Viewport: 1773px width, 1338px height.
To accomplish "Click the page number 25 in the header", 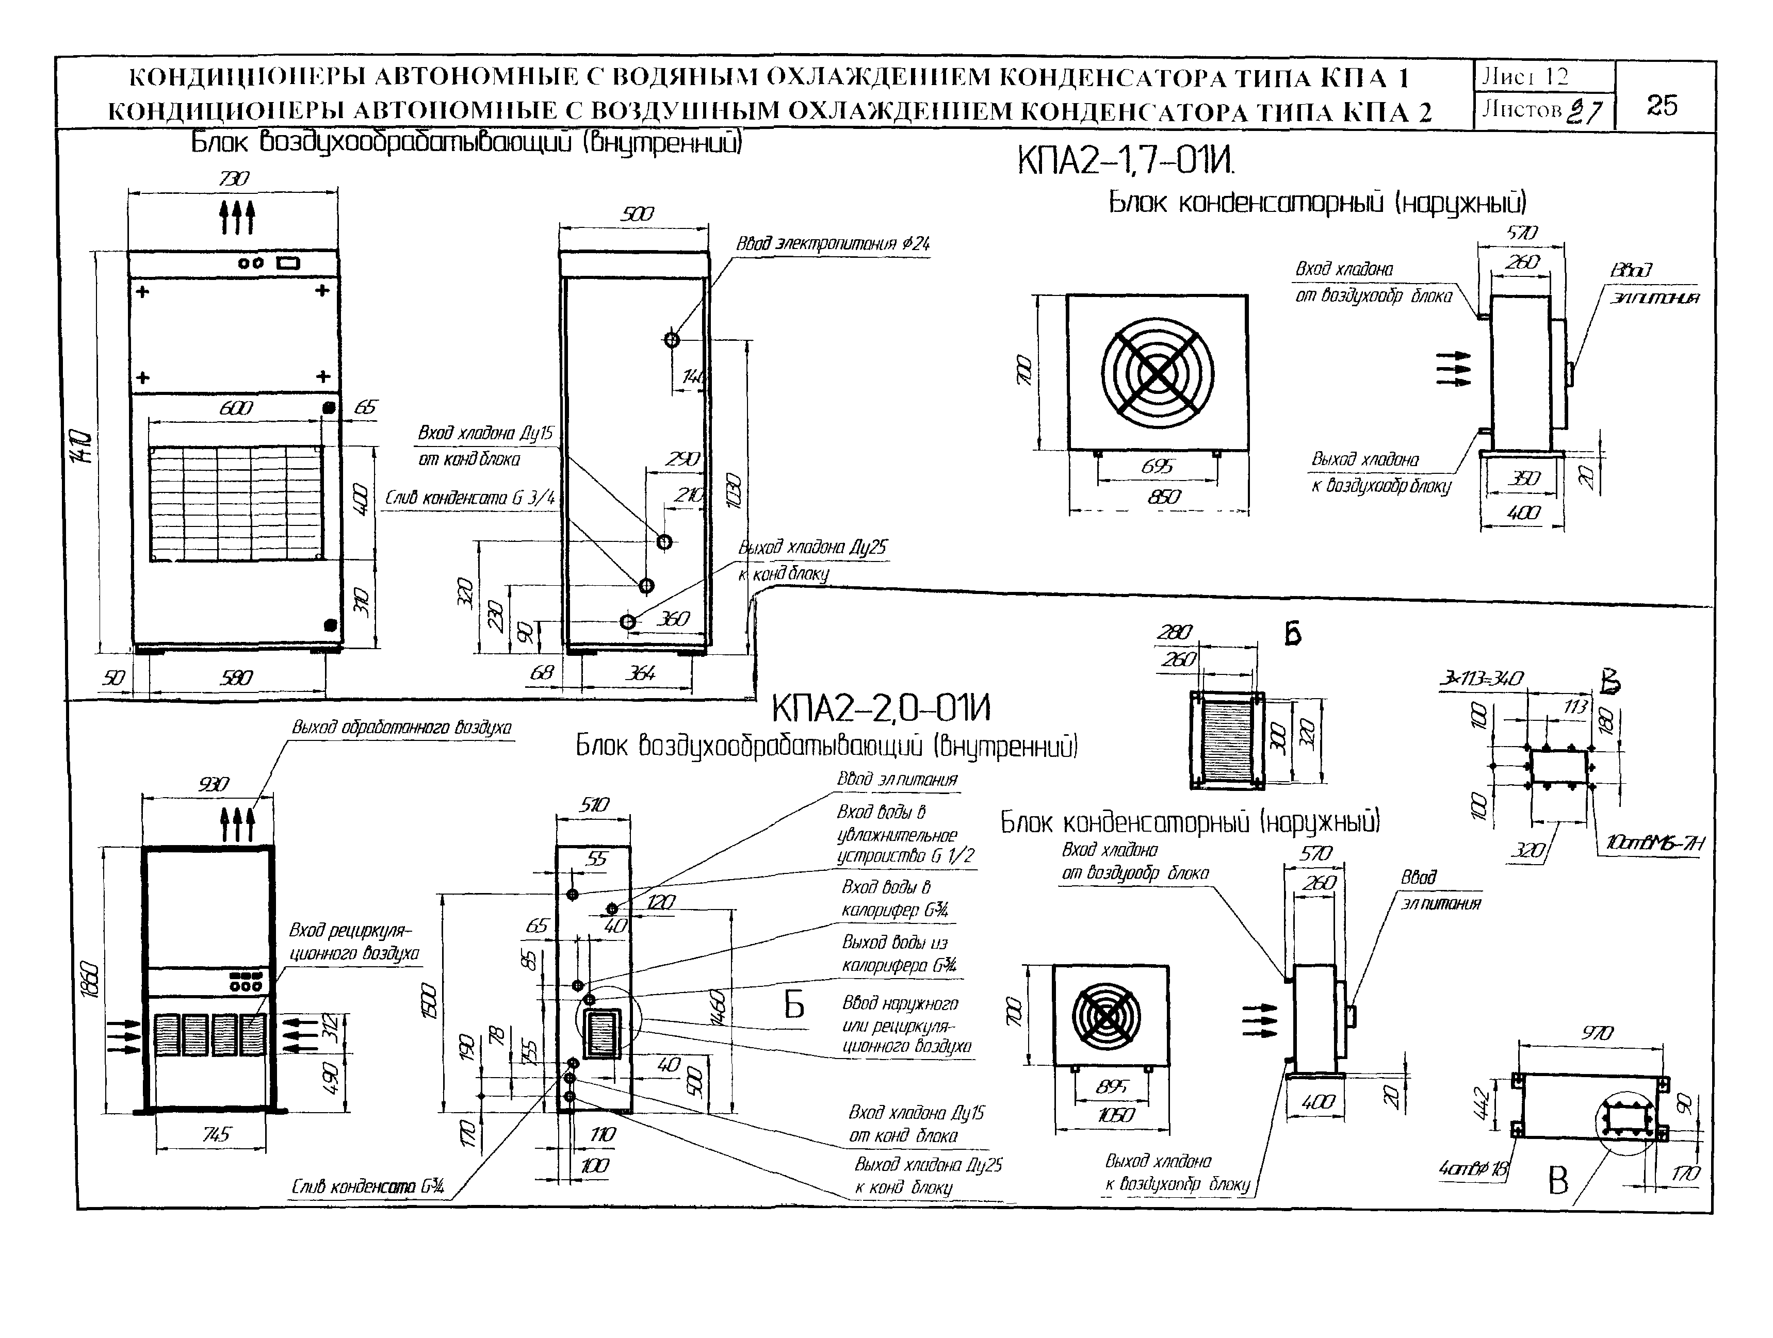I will click(1662, 105).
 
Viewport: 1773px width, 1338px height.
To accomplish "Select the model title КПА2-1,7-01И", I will click(1126, 162).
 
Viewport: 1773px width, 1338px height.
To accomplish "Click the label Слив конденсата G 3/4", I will click(470, 499).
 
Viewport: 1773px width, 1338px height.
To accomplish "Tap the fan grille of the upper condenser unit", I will click(1157, 373).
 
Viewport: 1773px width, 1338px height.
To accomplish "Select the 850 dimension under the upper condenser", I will click(1163, 497).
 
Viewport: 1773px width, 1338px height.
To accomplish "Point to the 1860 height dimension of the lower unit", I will click(92, 979).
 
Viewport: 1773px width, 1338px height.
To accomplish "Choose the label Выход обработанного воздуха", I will click(401, 728).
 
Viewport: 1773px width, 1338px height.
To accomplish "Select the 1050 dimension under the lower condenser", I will click(1115, 1114).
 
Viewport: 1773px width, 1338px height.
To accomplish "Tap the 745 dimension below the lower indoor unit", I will click(216, 1134).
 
